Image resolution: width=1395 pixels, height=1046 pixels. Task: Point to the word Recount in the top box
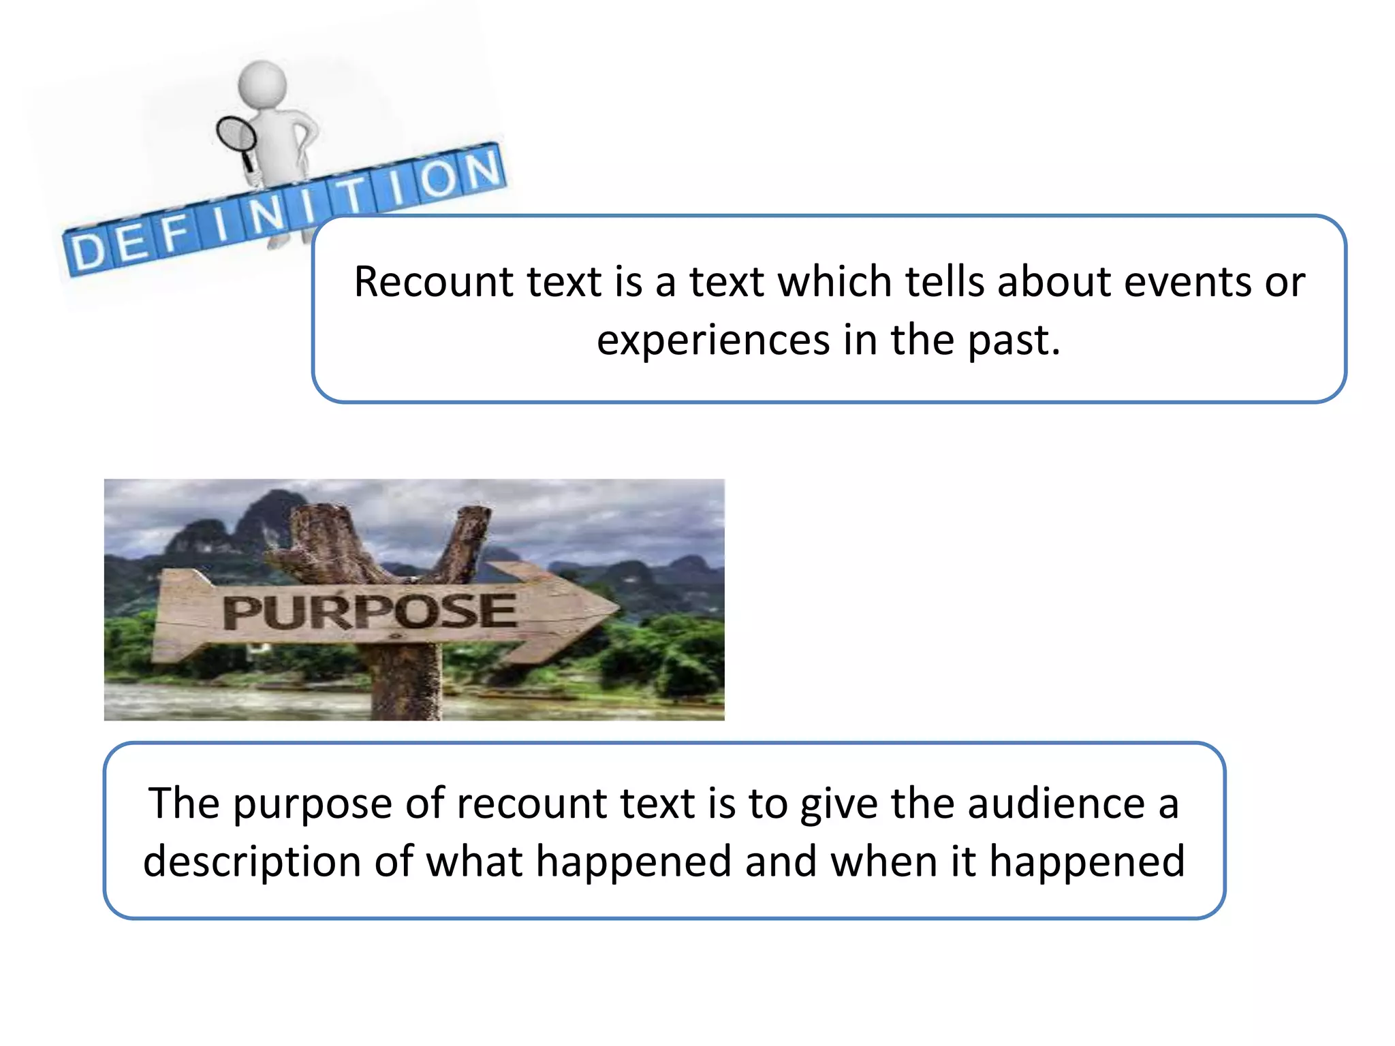(x=429, y=282)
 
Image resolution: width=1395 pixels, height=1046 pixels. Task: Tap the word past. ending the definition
(x=1014, y=340)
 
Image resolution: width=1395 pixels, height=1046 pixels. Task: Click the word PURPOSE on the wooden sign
(x=369, y=612)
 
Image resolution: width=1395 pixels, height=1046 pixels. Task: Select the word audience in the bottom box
(x=1056, y=804)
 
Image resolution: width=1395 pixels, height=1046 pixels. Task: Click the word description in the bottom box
(x=251, y=862)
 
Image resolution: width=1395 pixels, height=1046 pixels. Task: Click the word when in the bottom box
(x=885, y=862)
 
